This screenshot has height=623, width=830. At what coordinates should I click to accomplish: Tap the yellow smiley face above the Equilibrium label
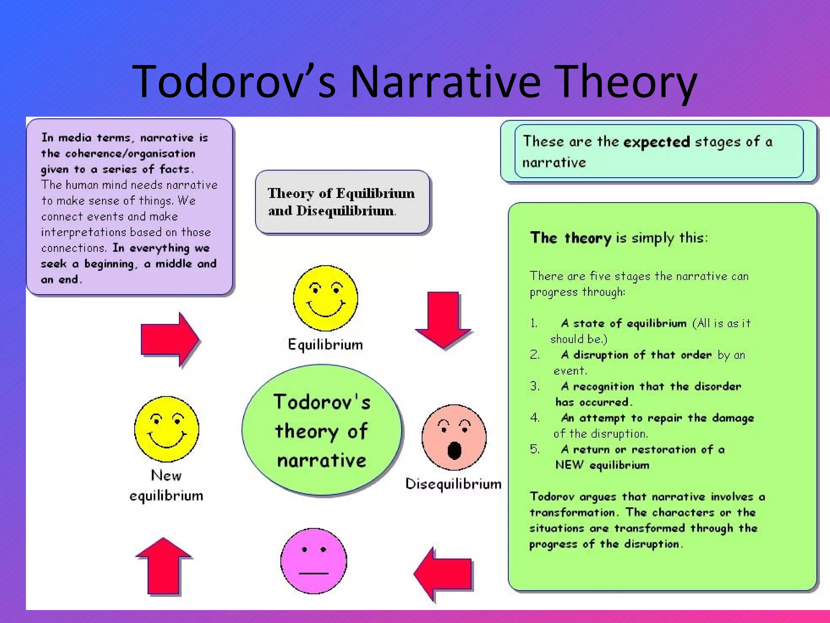tap(325, 298)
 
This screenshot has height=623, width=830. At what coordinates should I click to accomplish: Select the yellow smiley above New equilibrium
tap(167, 429)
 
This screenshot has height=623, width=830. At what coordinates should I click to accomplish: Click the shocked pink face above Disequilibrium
tap(454, 437)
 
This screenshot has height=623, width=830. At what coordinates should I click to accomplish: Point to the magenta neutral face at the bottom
tap(314, 561)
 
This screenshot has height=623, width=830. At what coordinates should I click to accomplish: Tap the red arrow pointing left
tap(443, 574)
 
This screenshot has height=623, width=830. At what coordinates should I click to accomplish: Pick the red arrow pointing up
tap(164, 566)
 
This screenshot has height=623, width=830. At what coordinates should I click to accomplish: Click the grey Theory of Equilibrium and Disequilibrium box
tap(342, 202)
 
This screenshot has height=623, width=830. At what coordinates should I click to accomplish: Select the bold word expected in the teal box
tap(656, 142)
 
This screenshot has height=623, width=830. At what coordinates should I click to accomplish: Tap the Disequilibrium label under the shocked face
tap(453, 484)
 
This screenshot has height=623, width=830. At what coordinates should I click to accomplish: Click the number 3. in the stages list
tap(535, 386)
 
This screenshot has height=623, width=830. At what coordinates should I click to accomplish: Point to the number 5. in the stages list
tap(535, 449)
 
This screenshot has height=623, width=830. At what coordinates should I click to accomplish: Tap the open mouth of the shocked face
tap(454, 450)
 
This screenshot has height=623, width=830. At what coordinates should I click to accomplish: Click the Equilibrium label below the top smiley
tap(325, 345)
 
